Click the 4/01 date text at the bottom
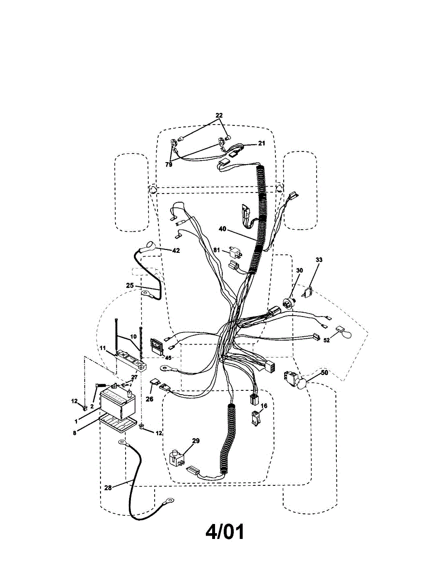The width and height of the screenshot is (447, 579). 225,532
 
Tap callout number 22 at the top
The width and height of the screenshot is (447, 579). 219,115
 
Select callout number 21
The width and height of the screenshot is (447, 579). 261,143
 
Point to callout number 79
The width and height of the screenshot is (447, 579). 169,165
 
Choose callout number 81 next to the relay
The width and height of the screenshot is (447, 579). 217,250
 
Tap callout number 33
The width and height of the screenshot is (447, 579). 319,260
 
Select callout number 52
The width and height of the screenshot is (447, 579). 327,340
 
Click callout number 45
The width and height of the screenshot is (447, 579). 168,358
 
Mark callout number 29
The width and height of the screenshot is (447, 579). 196,441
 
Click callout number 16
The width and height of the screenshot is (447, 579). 264,406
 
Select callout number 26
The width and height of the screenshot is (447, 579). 150,399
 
